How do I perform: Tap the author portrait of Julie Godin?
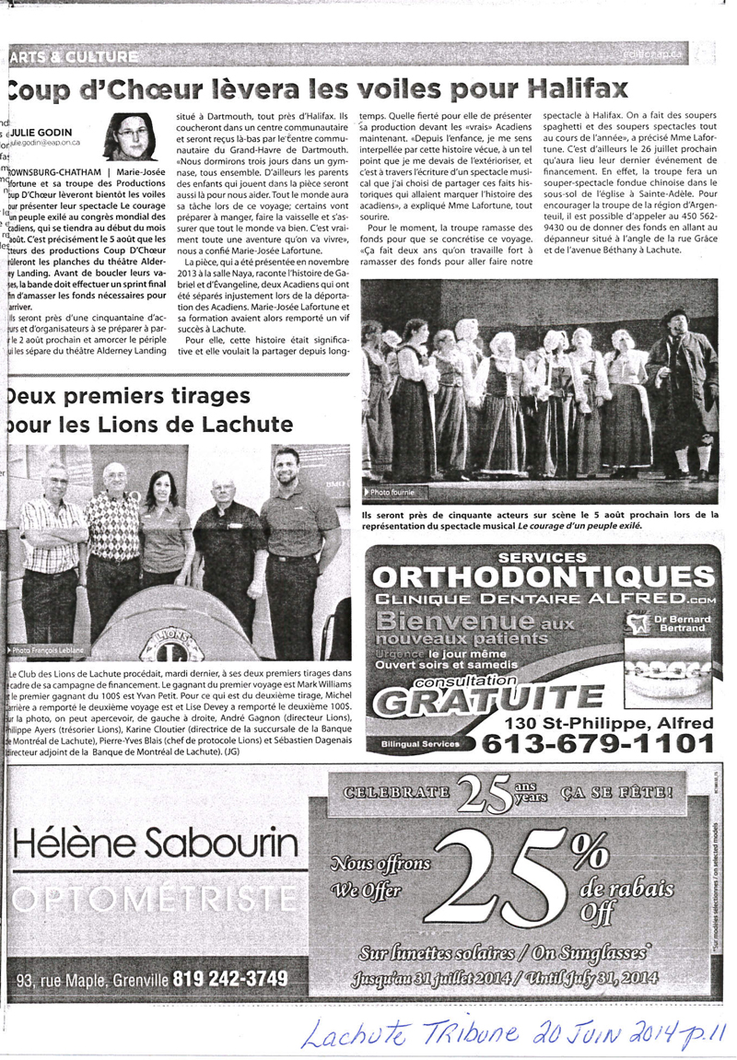pos(134,135)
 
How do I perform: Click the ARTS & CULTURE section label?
pos(74,57)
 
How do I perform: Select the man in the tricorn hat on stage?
pos(683,387)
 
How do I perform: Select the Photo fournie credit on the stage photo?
pos(392,493)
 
